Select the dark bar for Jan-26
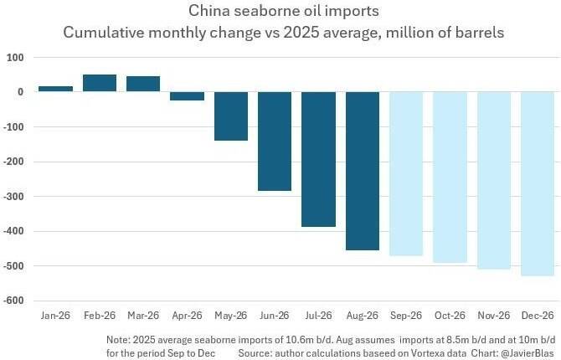55,89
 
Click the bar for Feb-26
100,83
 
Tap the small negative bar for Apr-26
187,96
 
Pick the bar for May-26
231,116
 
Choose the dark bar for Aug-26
363,171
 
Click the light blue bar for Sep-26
406,173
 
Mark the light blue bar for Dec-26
538,183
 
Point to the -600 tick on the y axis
13,301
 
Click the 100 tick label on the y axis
15,58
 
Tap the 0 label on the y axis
20,92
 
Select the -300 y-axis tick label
13,197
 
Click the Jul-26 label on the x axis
318,316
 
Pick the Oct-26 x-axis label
450,316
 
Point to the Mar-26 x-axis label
143,316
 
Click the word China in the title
209,11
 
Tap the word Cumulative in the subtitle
104,33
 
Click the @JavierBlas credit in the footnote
528,352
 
